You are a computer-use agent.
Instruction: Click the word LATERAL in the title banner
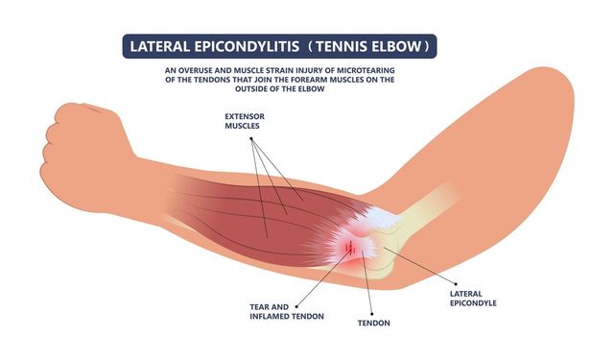pos(159,47)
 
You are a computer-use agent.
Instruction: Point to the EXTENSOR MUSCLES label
pos(245,121)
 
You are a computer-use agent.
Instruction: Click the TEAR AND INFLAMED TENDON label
pos(287,311)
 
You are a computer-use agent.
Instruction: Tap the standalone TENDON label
pos(373,324)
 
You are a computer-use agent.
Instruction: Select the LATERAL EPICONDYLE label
pos(473,299)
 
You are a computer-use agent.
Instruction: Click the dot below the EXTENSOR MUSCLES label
pos(251,138)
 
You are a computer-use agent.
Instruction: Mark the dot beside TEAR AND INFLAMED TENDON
pos(296,307)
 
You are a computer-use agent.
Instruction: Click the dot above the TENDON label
pos(371,314)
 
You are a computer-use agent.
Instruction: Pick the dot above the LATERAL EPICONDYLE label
pos(456,283)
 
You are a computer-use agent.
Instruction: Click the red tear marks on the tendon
pos(350,247)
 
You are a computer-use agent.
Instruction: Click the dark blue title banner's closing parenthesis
pos(427,47)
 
